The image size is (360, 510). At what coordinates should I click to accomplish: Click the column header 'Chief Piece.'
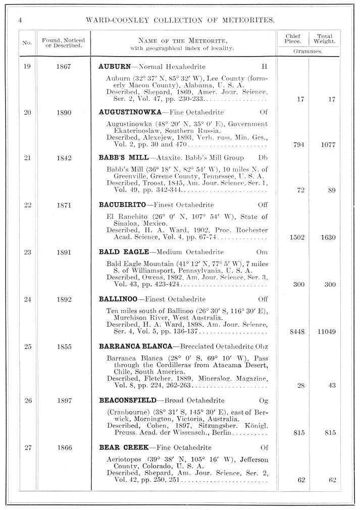[x=293, y=39]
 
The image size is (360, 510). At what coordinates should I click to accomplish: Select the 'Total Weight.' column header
[x=324, y=39]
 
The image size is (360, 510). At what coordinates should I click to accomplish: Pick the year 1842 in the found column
[x=64, y=158]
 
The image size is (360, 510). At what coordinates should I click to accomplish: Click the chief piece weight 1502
[x=293, y=238]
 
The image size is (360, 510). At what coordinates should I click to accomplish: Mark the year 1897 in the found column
[x=64, y=400]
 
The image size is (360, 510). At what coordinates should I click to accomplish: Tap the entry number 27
[x=27, y=447]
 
